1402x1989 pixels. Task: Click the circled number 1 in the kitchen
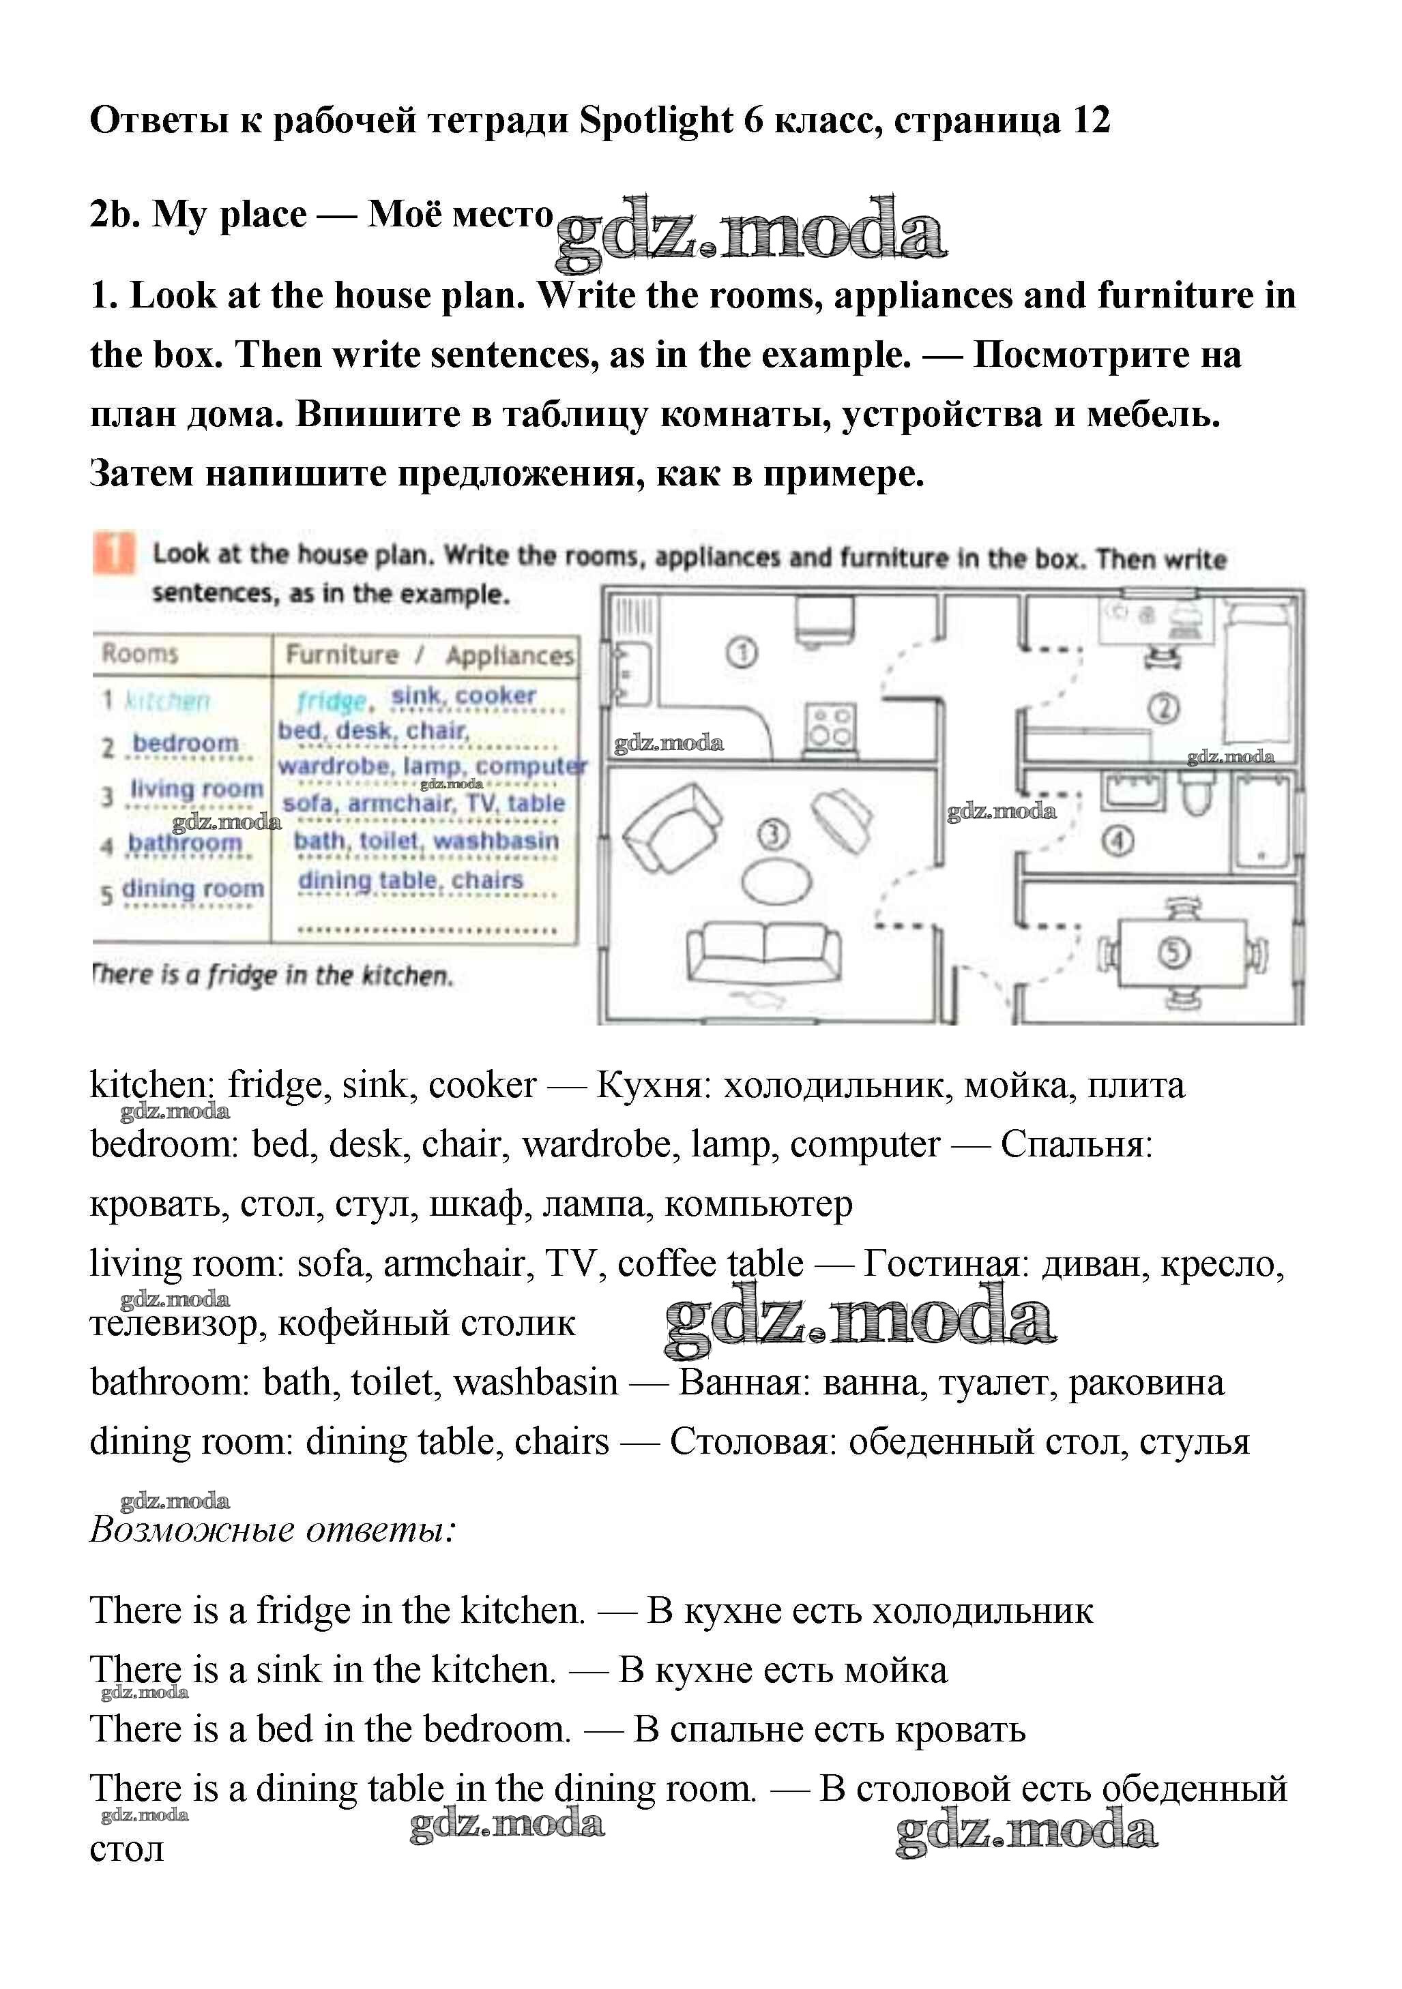click(741, 653)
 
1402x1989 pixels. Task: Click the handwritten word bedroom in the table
click(185, 743)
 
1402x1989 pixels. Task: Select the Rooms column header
click(139, 653)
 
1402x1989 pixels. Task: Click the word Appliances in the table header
click(510, 656)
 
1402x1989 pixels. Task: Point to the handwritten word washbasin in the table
click(495, 840)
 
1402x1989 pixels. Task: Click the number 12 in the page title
click(1091, 121)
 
